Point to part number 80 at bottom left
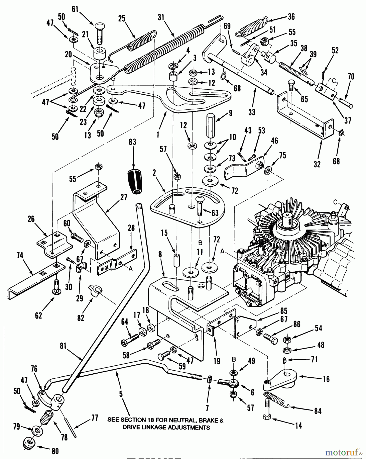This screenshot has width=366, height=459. (x=55, y=451)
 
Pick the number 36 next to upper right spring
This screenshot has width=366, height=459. (x=291, y=17)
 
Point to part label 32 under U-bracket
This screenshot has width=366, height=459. (x=317, y=164)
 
